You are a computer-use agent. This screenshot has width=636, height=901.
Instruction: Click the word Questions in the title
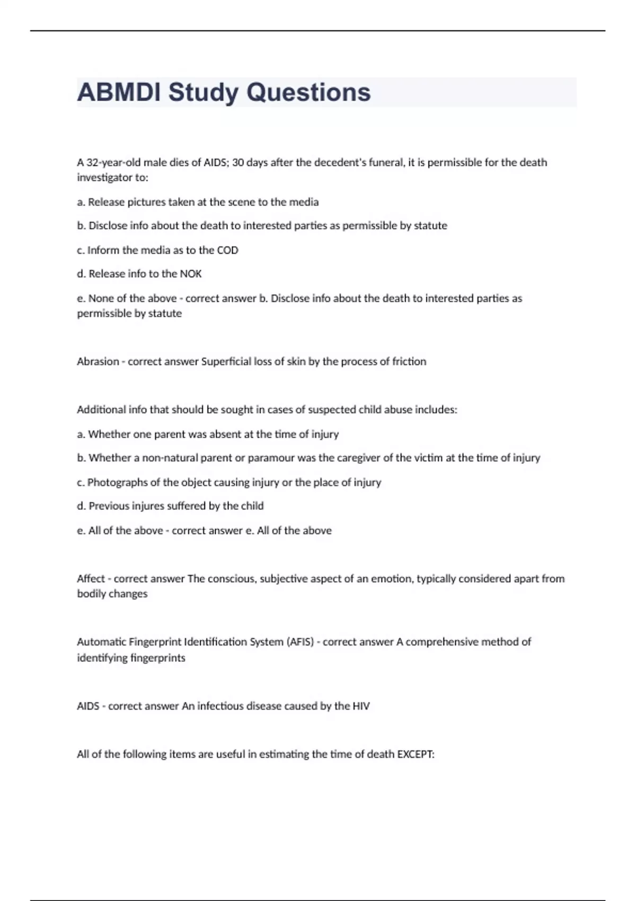click(x=308, y=92)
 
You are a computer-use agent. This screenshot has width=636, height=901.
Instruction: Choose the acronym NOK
click(x=191, y=274)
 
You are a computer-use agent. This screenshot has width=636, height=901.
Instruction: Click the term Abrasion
click(x=98, y=361)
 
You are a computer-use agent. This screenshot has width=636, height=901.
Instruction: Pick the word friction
click(x=409, y=361)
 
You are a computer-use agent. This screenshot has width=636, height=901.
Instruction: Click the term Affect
click(x=91, y=579)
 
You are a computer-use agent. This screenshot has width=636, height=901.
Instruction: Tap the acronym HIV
click(x=360, y=706)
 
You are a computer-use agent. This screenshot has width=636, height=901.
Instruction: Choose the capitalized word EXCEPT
click(x=416, y=754)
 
